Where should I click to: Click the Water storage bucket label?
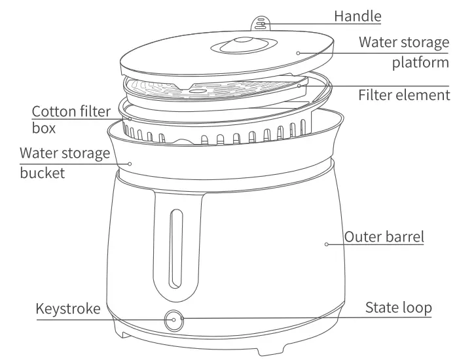pos(64,163)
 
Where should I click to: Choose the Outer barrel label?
pos(384,237)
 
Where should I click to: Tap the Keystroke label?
pos(68,308)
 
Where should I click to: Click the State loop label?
pos(398,308)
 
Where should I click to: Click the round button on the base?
pos(174,321)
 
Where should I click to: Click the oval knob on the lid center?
pos(236,46)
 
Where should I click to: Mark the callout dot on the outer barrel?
pos(325,245)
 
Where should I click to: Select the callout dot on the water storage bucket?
pos(130,164)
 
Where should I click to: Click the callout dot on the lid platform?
pos(298,52)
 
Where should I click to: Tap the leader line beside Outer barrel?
pos(335,245)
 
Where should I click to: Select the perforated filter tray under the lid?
pos(216,88)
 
